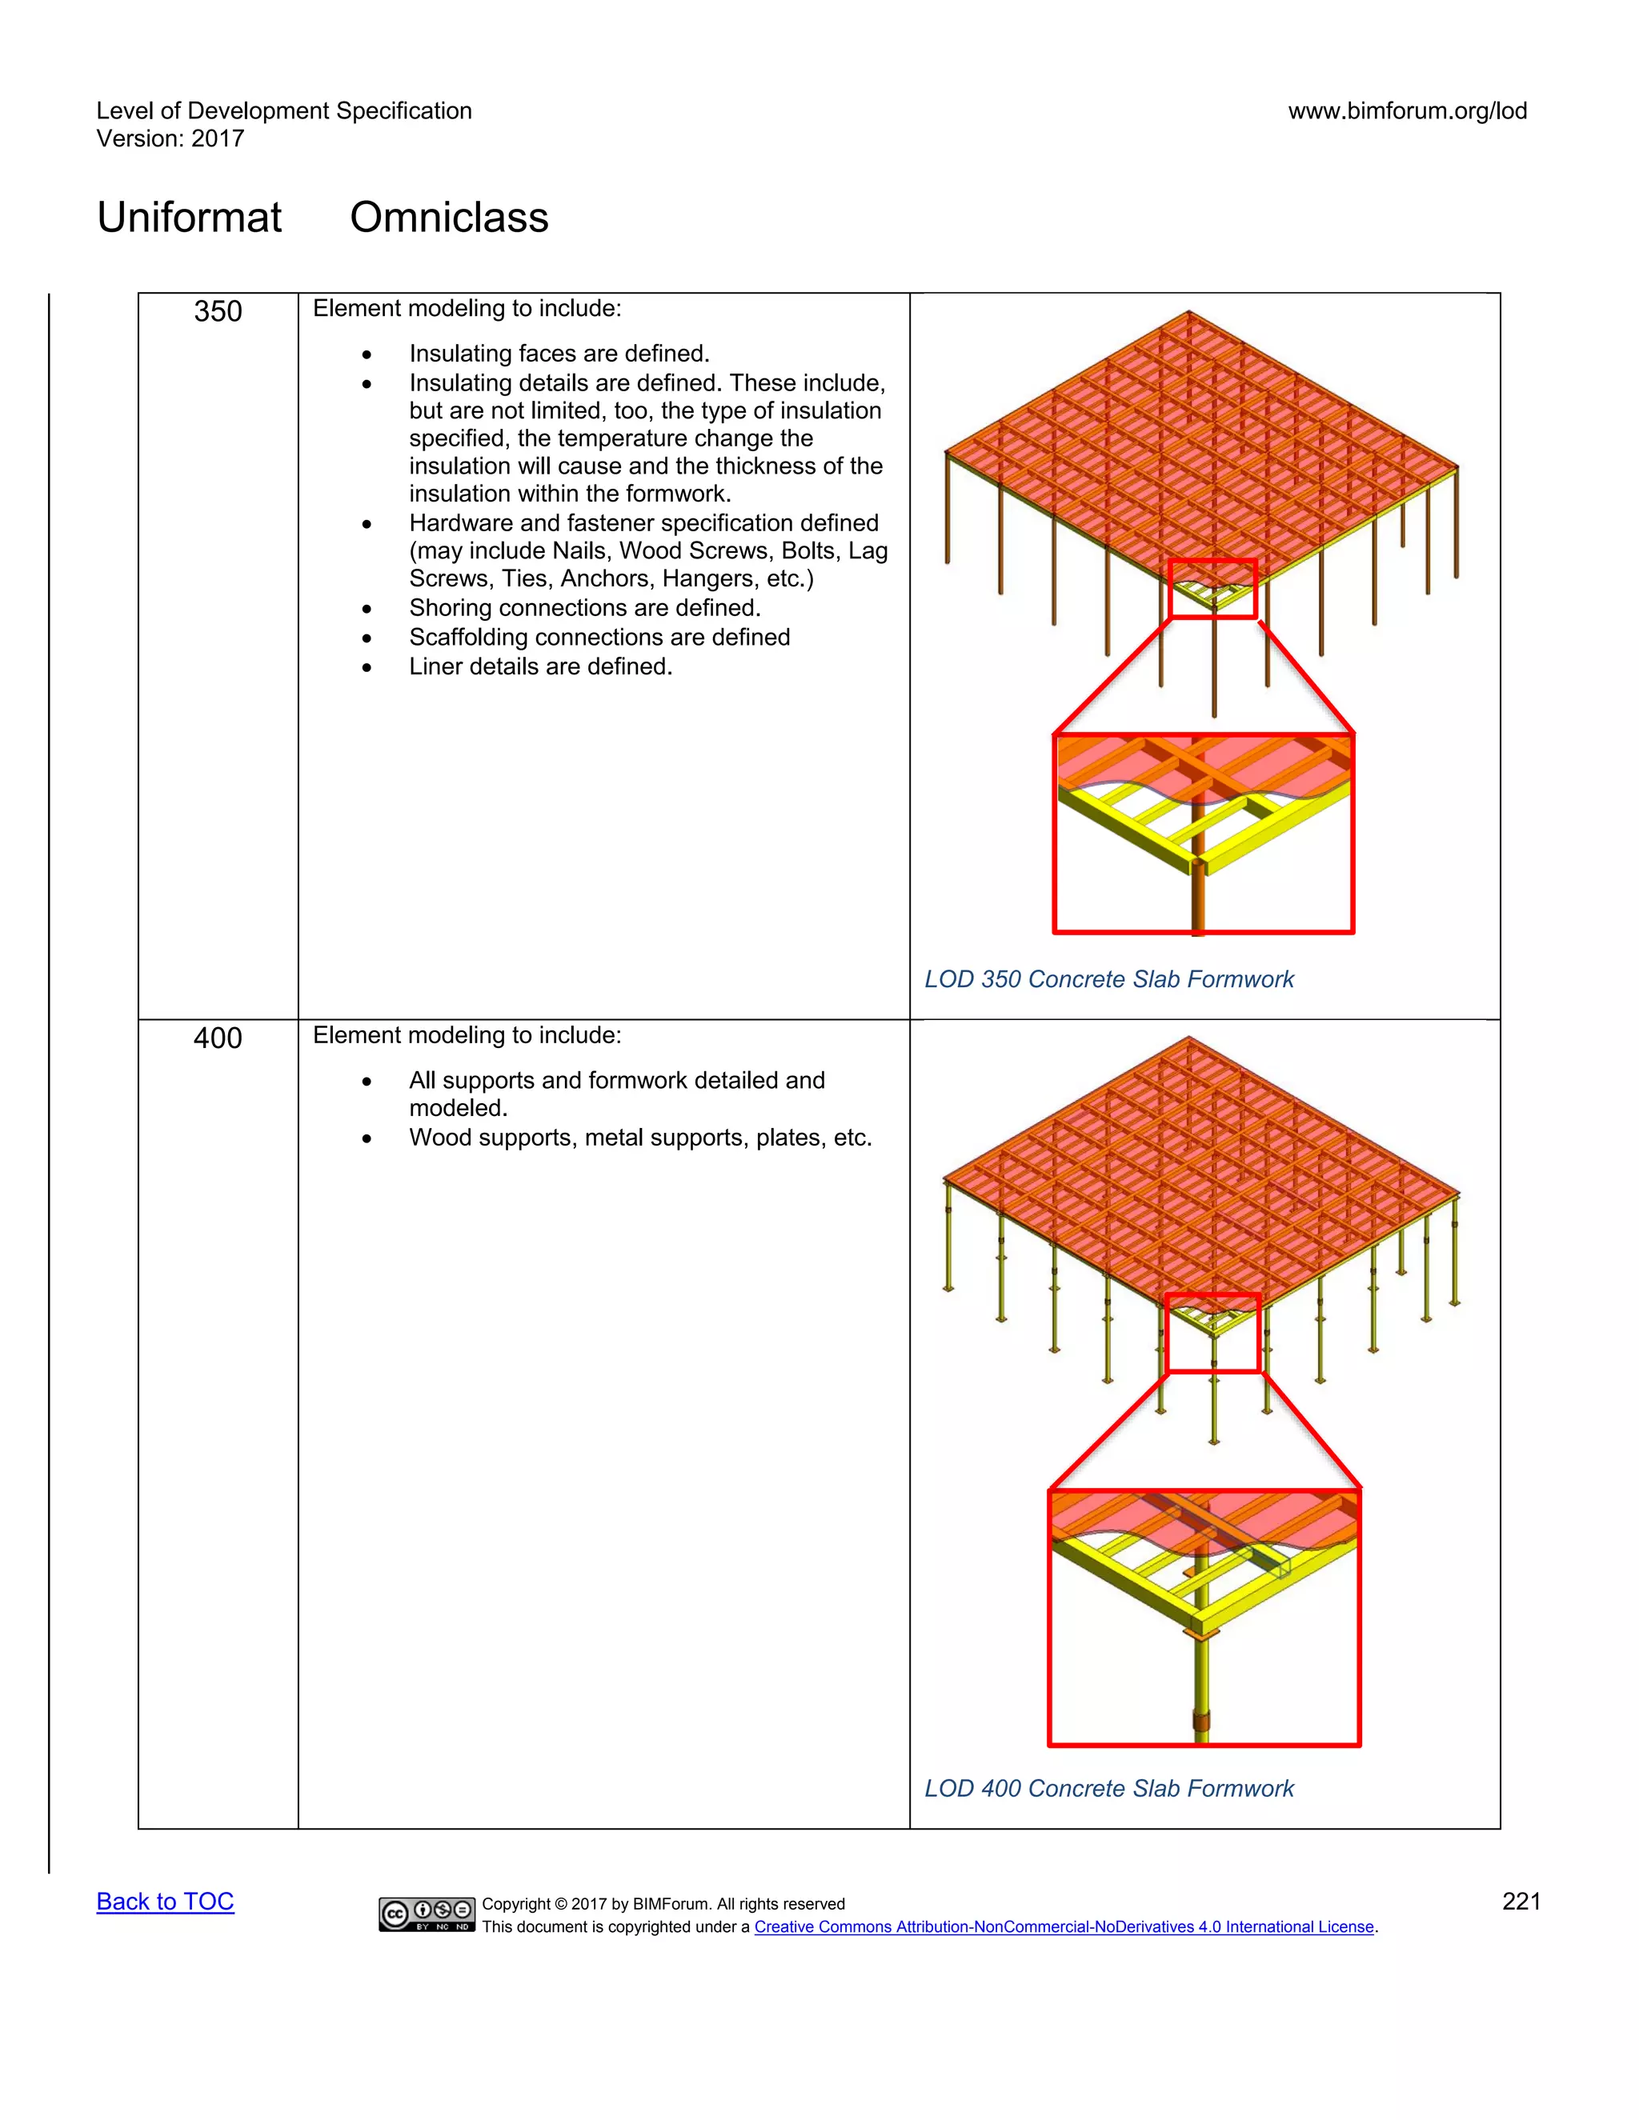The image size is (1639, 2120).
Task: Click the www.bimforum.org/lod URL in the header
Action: [x=1407, y=110]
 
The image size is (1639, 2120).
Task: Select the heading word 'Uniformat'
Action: [x=190, y=217]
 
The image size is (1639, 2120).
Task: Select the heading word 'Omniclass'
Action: [x=449, y=217]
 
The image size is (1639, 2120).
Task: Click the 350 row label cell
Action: [x=218, y=311]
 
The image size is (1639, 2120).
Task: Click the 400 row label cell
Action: [x=218, y=1038]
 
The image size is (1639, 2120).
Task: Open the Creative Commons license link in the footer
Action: [x=1064, y=1927]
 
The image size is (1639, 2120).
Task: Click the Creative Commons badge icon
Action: [x=427, y=1914]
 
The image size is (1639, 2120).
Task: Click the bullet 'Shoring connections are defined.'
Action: [x=584, y=608]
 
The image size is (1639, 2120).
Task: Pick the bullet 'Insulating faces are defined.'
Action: [x=559, y=354]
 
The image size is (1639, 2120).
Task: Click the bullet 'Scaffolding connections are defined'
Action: [x=599, y=637]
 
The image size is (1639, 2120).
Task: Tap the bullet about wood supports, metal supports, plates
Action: [x=640, y=1137]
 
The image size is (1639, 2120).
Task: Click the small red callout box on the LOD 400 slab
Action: [x=1212, y=1333]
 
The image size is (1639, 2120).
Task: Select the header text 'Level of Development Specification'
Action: [x=283, y=110]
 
